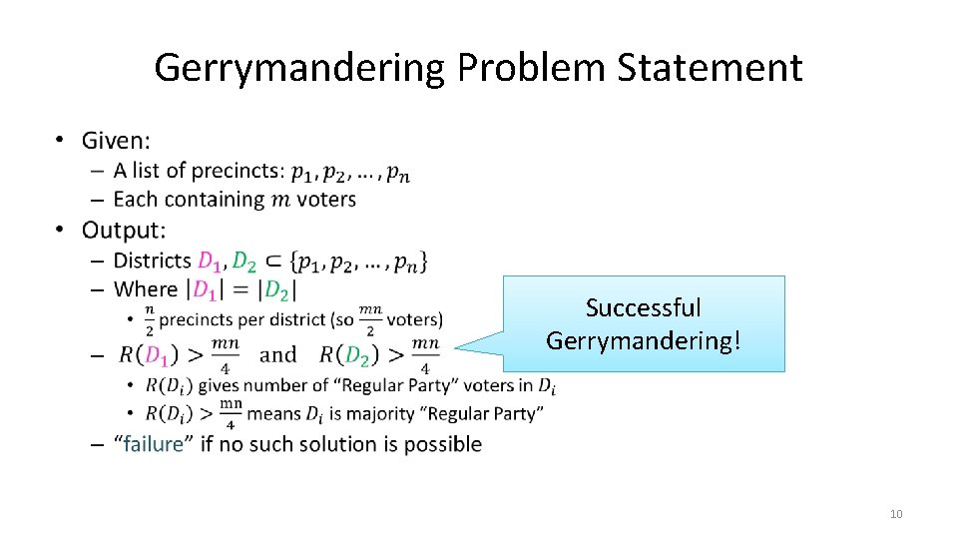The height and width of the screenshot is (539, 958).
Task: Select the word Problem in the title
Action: [531, 68]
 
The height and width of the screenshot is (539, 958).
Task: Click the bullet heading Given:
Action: [116, 142]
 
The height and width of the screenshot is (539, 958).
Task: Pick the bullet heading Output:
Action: [123, 231]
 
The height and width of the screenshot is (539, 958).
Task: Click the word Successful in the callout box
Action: [643, 307]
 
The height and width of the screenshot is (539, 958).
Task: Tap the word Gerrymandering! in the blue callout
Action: [644, 340]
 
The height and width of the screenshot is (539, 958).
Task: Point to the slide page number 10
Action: [895, 514]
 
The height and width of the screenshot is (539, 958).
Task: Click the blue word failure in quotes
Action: [153, 444]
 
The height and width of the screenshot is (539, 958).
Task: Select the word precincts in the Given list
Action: [238, 172]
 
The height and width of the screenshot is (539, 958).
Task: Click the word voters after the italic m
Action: [326, 200]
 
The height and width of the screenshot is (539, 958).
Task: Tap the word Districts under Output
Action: [153, 261]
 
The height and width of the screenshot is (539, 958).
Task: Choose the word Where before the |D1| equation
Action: [146, 289]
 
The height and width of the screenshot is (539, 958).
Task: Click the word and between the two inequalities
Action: [277, 354]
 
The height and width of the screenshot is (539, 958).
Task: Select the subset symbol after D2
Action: [272, 262]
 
